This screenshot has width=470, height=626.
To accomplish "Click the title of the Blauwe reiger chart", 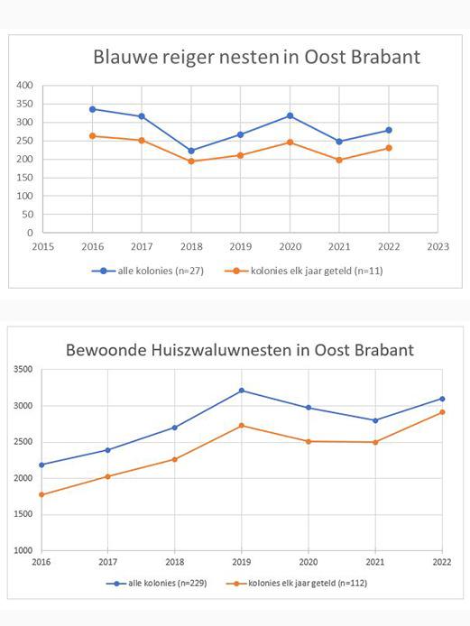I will (256, 57).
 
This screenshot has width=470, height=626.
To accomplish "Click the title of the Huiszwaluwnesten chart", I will (239, 348).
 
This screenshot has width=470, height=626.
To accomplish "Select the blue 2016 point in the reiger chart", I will (92, 109).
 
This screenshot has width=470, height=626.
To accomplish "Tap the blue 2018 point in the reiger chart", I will (191, 151).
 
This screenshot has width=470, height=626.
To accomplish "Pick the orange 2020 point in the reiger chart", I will (290, 142).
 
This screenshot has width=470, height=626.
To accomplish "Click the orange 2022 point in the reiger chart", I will (388, 148).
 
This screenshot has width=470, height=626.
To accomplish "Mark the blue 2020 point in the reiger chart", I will (290, 115).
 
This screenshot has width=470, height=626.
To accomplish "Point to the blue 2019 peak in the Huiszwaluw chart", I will (242, 391).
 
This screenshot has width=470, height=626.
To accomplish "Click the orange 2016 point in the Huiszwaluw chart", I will (41, 494).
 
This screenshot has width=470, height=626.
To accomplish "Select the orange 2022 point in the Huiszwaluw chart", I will (442, 412).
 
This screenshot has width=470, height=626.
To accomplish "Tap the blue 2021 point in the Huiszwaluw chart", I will (375, 420).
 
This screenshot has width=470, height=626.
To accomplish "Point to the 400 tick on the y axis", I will (24, 86).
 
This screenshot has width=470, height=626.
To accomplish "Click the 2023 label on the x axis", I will (438, 245).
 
